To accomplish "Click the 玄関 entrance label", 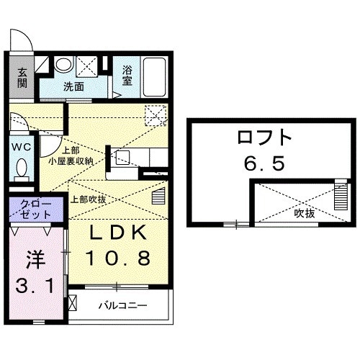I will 22,77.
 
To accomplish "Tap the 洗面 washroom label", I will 73,86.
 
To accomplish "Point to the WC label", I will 19,146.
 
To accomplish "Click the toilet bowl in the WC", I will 22,170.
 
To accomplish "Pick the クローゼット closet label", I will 36,209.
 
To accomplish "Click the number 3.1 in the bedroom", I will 35,287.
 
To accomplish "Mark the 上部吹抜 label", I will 88,198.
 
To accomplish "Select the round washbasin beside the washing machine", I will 64,65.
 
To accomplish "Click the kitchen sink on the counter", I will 122,157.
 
